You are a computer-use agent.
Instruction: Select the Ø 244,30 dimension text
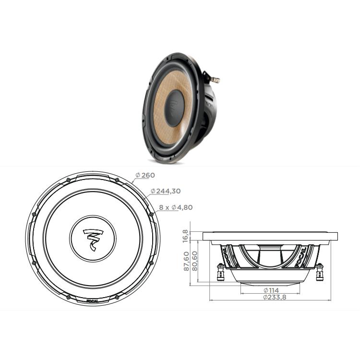click(165, 191)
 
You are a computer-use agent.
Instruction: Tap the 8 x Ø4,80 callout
click(175, 208)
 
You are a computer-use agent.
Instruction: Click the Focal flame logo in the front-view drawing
click(93, 239)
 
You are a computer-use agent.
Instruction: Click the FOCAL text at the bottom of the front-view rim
click(93, 302)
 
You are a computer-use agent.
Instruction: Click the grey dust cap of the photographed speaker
click(176, 104)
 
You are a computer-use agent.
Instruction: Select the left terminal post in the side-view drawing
click(220, 273)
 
